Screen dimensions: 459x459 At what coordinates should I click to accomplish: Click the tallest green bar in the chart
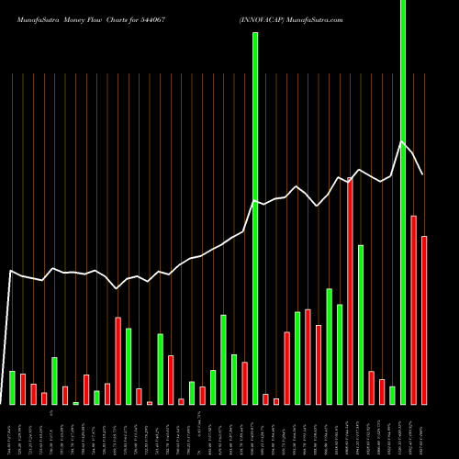pyautogui.click(x=403, y=202)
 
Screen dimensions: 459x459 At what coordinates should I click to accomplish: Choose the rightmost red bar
pyautogui.click(x=424, y=320)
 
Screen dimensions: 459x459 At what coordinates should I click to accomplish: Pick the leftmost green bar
pyautogui.click(x=12, y=387)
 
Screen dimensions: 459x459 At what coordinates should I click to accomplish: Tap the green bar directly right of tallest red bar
pyautogui.click(x=361, y=325)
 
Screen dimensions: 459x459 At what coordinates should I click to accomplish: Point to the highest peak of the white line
pyautogui.click(x=402, y=141)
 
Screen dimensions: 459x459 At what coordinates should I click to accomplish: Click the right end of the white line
pyautogui.click(x=423, y=174)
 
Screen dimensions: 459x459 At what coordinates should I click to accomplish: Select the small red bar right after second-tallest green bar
pyautogui.click(x=265, y=399)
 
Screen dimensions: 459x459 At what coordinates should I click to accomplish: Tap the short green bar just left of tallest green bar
pyautogui.click(x=393, y=396)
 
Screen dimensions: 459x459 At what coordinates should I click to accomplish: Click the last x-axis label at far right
pyautogui.click(x=424, y=431)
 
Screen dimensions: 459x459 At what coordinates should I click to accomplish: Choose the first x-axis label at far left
pyautogui.click(x=12, y=431)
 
